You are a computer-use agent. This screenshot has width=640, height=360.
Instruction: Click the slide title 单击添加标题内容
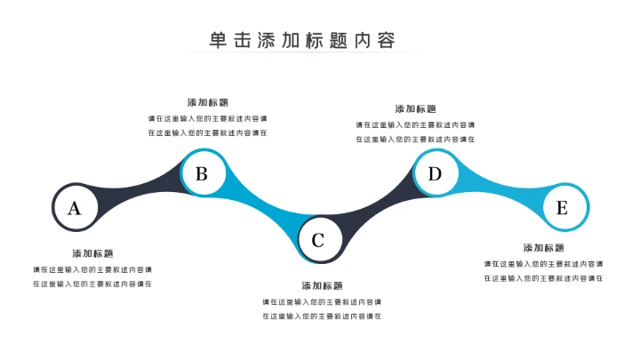tap(302, 40)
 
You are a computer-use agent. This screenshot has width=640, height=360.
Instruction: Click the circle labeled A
tap(75, 208)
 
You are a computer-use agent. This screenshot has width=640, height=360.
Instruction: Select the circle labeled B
tap(202, 173)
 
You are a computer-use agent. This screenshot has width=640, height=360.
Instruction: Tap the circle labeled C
tap(318, 239)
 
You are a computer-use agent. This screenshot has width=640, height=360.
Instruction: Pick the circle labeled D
tap(435, 173)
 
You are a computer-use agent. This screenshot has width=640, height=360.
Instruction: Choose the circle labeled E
tap(562, 208)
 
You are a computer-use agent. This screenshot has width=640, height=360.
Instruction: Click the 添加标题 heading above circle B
tap(208, 102)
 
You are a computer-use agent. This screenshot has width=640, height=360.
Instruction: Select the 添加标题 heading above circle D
tap(416, 108)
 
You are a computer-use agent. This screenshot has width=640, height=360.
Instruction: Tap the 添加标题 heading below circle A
tap(93, 253)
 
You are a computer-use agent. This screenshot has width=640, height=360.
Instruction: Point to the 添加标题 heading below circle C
tap(322, 286)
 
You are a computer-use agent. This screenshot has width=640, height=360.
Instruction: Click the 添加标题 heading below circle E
tap(544, 248)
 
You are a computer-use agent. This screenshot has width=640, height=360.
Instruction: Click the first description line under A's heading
tap(92, 269)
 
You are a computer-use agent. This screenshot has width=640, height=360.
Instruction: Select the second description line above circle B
tap(207, 133)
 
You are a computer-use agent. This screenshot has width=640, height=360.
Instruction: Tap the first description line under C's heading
tap(322, 302)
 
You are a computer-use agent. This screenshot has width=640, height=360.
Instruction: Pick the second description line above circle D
tap(415, 140)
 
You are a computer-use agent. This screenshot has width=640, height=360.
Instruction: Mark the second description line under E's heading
tap(543, 278)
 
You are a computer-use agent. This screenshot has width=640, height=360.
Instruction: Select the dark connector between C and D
tap(378, 206)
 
